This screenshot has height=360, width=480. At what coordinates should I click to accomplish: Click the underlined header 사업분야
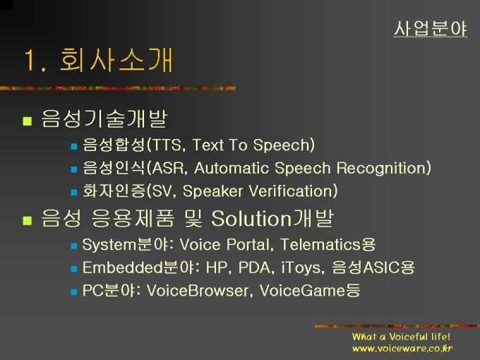click(430, 29)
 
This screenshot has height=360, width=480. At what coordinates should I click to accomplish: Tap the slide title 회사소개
click(116, 60)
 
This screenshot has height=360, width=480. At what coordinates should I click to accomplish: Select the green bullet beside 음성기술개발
click(28, 121)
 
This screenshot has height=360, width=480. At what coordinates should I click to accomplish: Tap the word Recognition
click(380, 169)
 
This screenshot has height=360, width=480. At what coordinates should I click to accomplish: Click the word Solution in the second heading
click(251, 219)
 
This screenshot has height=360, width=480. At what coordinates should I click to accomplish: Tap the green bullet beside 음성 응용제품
click(28, 221)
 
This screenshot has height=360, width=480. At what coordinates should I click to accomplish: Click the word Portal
click(248, 245)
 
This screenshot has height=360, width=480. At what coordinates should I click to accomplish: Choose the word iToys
click(301, 268)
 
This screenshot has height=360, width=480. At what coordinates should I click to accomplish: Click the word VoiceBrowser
click(198, 290)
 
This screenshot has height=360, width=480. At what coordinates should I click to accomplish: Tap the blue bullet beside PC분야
click(74, 292)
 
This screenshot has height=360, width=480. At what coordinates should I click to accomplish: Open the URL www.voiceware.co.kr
click(402, 349)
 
